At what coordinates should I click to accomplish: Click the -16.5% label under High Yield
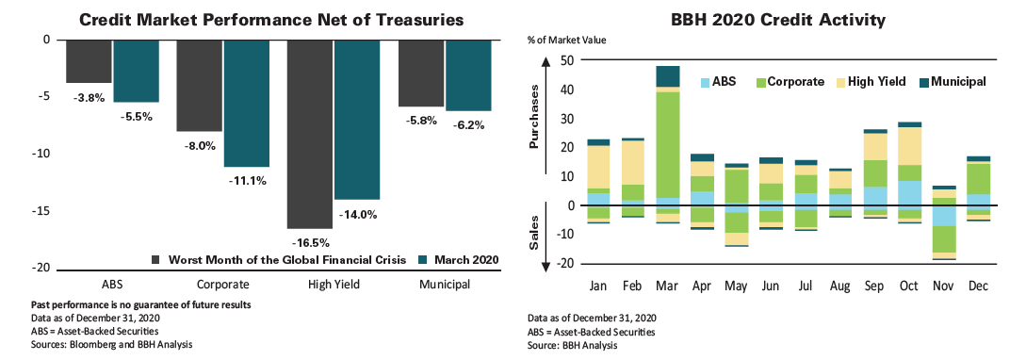click(x=309, y=245)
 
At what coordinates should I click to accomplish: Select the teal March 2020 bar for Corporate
click(x=247, y=103)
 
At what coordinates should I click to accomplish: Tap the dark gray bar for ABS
click(x=90, y=61)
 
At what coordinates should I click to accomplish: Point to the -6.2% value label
click(x=469, y=124)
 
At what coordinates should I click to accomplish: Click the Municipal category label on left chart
click(x=446, y=284)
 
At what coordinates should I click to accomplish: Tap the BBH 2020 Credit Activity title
click(x=778, y=18)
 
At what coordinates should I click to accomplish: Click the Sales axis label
click(x=534, y=234)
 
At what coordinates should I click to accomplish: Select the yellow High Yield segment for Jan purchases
click(x=598, y=167)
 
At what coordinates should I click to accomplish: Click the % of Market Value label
click(x=565, y=40)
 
